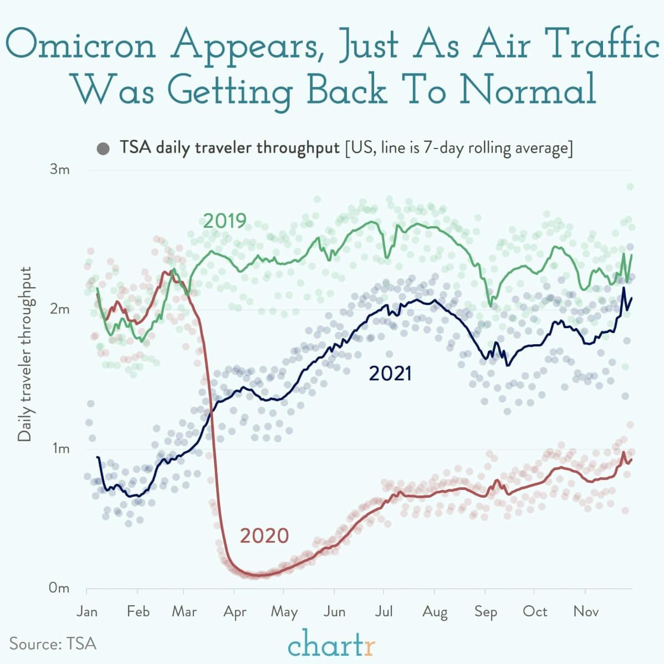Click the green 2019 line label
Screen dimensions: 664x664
click(x=224, y=221)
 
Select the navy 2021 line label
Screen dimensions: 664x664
click(x=390, y=374)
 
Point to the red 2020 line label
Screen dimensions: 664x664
click(x=264, y=536)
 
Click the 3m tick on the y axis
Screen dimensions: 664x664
click(x=60, y=170)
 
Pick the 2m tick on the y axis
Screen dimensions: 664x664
click(x=60, y=309)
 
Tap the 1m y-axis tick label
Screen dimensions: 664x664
click(x=60, y=448)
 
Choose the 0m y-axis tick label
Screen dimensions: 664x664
click(x=59, y=588)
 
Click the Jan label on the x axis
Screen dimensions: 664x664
click(x=86, y=611)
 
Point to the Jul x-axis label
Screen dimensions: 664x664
click(x=383, y=611)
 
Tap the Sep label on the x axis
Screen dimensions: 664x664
click(x=486, y=612)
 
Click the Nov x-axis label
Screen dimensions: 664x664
click(x=586, y=611)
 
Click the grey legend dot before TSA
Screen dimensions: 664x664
click(x=103, y=149)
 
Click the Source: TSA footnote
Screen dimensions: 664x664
click(x=53, y=643)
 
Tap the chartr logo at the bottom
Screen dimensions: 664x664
click(x=331, y=645)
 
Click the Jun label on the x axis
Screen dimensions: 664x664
click(x=335, y=611)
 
